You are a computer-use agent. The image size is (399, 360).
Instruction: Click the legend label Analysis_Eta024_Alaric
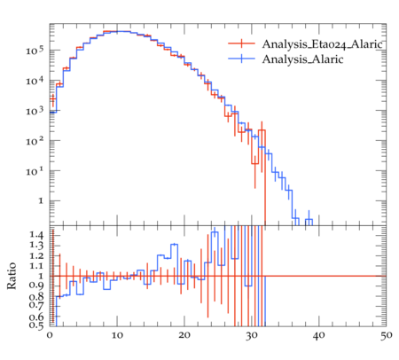tap(323, 44)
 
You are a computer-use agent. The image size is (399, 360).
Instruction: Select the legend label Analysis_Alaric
tap(302, 59)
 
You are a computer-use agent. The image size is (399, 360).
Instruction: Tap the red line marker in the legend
tap(241, 43)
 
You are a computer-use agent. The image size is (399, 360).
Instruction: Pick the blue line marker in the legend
tap(241, 59)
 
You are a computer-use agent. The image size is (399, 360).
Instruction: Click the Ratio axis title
tap(12, 276)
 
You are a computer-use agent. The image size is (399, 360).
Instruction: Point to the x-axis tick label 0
tap(50, 335)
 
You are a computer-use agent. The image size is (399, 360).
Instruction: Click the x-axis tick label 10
tap(117, 335)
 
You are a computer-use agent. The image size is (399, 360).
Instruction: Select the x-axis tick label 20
tap(184, 335)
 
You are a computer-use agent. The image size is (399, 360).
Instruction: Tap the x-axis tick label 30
tap(252, 335)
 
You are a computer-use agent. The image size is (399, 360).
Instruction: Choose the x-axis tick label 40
tap(319, 335)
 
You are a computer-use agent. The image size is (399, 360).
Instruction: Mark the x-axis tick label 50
tap(387, 335)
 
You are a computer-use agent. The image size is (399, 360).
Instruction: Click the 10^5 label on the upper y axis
tap(35, 51)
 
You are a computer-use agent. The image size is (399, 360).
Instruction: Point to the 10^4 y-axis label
tap(35, 81)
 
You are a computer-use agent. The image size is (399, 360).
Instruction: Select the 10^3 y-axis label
tap(35, 111)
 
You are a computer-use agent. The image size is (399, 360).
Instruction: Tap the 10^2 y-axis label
tap(35, 141)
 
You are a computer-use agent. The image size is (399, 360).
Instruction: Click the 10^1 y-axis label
tap(35, 171)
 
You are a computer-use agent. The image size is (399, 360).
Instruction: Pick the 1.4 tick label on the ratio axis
tap(36, 235)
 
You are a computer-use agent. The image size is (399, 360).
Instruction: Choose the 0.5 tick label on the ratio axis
tap(36, 325)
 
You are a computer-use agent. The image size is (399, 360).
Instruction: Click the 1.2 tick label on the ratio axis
tap(36, 255)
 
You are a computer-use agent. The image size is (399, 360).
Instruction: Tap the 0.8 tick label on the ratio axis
tap(36, 296)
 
